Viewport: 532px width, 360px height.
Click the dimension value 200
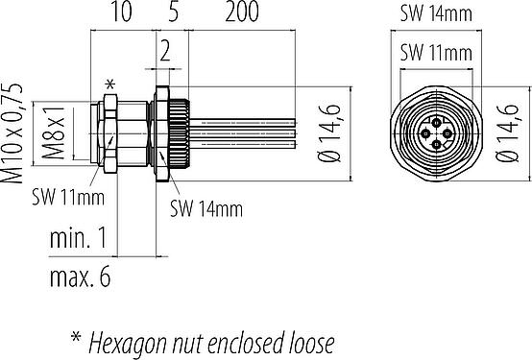pos(242,12)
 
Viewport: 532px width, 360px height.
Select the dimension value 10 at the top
pos(121,12)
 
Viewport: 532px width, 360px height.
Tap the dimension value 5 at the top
pos(173,12)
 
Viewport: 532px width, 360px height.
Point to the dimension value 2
pos(165,52)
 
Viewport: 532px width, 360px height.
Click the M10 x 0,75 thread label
pos(12,133)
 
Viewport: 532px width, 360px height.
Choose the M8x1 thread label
pos(53,132)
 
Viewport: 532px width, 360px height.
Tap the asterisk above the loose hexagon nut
pos(109,84)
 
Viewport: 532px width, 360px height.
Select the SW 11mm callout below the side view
pos(68,197)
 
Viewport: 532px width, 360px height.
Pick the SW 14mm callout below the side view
pos(206,208)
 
